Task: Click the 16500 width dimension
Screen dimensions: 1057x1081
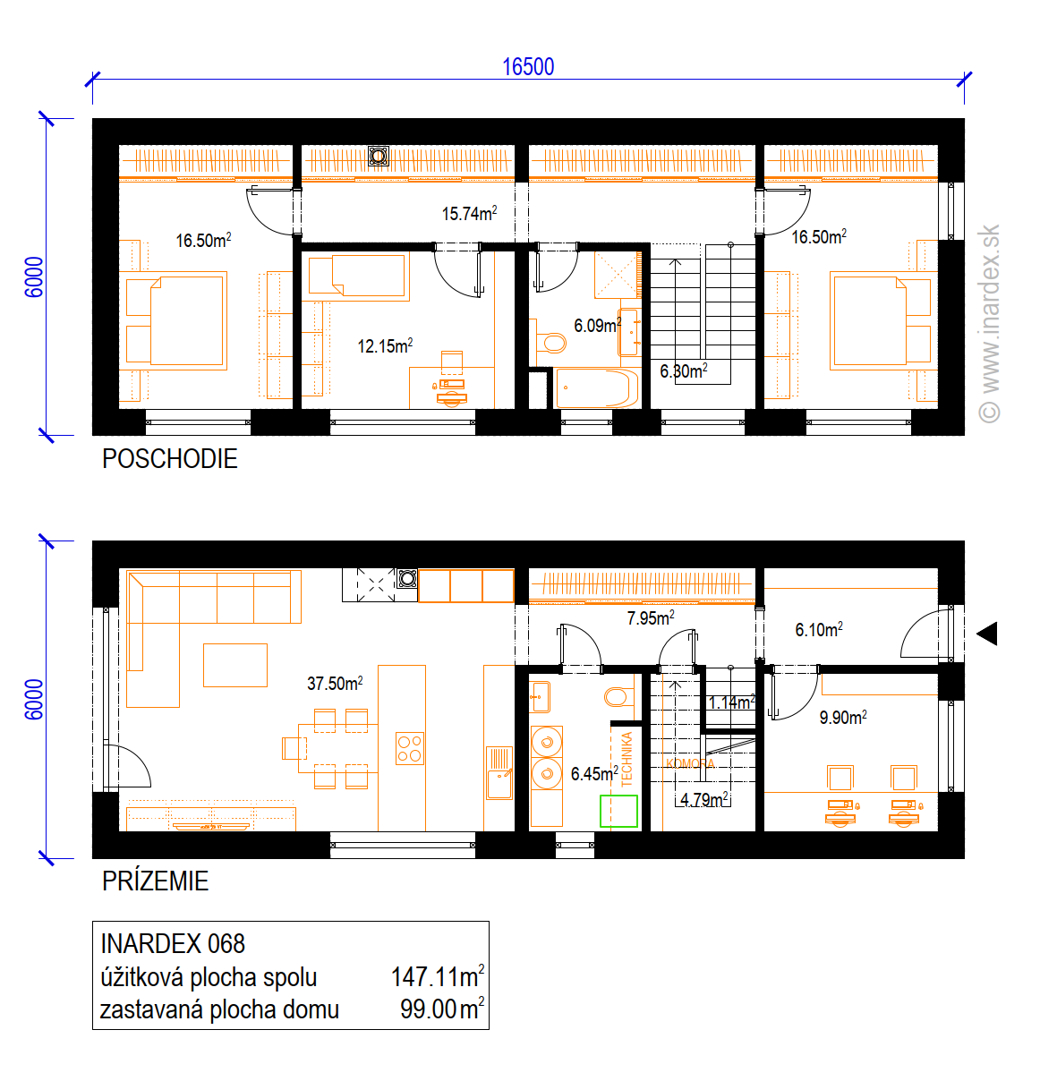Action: click(528, 67)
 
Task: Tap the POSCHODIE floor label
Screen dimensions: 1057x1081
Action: click(169, 459)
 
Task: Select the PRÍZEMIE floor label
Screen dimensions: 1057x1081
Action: click(155, 881)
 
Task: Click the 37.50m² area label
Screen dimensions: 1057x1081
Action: click(335, 683)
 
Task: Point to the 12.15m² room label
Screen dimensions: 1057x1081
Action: click(385, 345)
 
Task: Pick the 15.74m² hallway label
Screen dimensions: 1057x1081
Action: click(469, 213)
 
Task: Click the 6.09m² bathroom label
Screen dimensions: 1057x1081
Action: click(597, 325)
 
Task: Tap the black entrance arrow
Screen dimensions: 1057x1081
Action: click(987, 634)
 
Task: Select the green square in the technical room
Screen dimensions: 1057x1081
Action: click(618, 811)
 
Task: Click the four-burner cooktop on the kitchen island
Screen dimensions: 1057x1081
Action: click(410, 749)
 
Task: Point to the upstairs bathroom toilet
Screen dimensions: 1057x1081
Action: click(550, 342)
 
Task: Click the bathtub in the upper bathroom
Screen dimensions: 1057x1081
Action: click(597, 387)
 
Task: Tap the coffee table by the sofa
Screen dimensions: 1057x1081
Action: click(235, 665)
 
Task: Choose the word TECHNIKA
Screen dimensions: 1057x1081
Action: click(627, 759)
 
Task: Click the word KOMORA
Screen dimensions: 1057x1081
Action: click(690, 763)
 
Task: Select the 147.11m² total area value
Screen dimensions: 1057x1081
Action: click(438, 976)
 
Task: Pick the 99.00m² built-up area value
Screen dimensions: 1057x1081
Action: click(442, 1009)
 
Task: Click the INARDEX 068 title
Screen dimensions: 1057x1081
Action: click(172, 943)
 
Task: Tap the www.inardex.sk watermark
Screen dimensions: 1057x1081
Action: click(989, 323)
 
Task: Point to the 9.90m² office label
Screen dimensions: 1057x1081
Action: click(842, 717)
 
